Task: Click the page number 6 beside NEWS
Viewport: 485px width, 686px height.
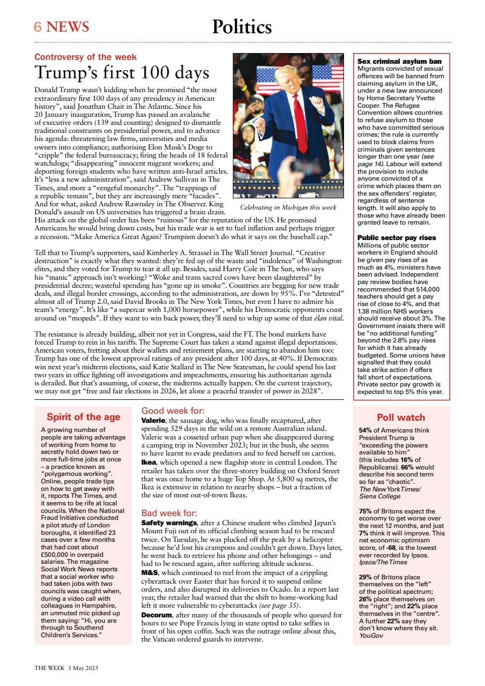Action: [x=38, y=27]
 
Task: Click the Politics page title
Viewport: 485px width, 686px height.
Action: [x=242, y=26]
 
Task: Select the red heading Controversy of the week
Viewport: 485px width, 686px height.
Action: [x=86, y=57]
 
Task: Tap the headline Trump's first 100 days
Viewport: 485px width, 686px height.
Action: [x=122, y=72]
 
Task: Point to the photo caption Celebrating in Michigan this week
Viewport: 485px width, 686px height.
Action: [x=288, y=207]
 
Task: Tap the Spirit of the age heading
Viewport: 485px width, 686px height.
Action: [x=83, y=417]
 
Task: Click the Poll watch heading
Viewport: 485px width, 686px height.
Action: [x=401, y=417]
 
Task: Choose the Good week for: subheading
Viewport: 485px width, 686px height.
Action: [x=173, y=411]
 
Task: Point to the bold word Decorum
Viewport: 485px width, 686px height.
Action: [x=157, y=614]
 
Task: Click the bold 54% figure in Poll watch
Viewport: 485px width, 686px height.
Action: [x=365, y=430]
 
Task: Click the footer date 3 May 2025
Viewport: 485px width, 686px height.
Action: [x=83, y=668]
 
